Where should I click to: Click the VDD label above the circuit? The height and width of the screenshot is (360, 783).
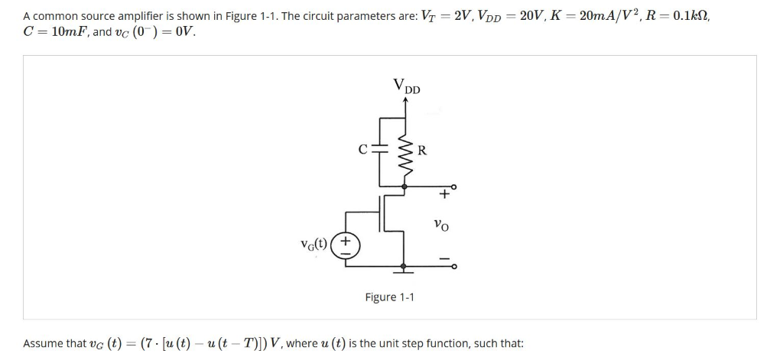point(406,86)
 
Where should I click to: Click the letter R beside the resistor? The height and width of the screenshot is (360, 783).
point(421,151)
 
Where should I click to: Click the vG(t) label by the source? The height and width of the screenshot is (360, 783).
point(314,245)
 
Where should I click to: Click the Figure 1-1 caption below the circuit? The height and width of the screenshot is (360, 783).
point(389,297)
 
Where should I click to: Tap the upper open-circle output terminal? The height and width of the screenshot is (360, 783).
point(453,186)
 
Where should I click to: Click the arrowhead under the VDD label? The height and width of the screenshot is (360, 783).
point(405,99)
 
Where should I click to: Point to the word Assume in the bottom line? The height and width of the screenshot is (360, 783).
point(43,343)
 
